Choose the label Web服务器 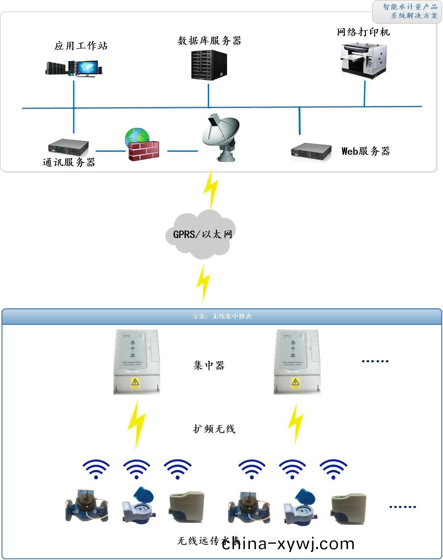(x=365, y=151)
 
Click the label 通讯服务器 (x=69, y=162)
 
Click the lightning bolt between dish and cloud (x=211, y=189)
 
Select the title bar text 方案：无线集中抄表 (x=222, y=316)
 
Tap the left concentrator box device (x=137, y=361)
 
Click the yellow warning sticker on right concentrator (x=295, y=383)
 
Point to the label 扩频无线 (x=214, y=429)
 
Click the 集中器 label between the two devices (x=209, y=365)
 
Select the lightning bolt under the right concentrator (x=296, y=423)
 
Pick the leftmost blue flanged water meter (x=87, y=506)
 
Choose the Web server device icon (x=311, y=152)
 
